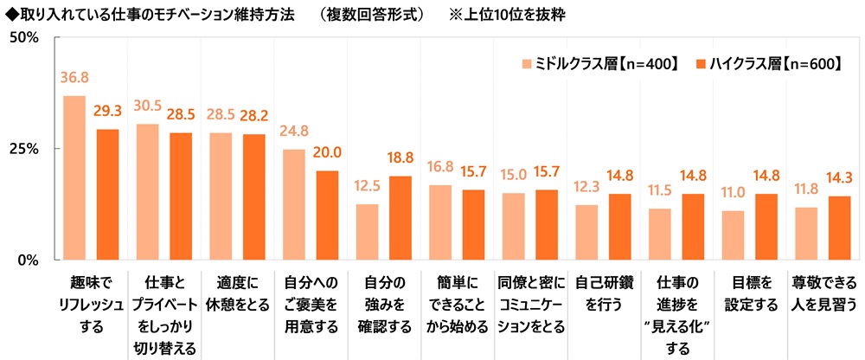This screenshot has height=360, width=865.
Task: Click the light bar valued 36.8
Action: [x=74, y=177]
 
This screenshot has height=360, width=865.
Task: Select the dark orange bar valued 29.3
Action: [x=107, y=194]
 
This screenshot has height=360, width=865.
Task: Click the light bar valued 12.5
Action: [x=368, y=231]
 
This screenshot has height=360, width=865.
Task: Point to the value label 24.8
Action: [x=294, y=132]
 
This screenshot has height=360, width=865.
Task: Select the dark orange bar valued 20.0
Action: [x=327, y=215]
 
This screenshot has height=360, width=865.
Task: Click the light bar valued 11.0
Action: [x=733, y=235]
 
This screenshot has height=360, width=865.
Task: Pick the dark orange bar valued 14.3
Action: [x=839, y=228]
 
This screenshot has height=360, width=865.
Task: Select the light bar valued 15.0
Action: [x=513, y=226]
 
